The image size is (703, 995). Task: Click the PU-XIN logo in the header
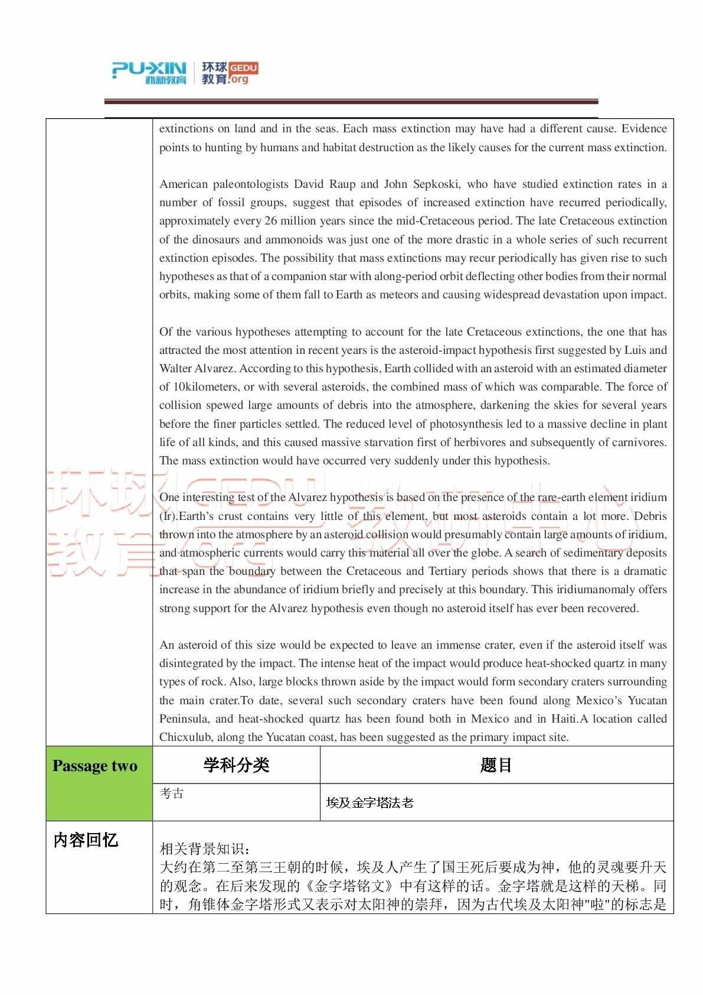click(149, 72)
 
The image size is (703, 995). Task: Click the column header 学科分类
click(236, 765)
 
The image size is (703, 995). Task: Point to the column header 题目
click(496, 765)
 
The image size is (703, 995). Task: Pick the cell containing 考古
click(172, 794)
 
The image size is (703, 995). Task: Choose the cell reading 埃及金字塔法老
click(370, 802)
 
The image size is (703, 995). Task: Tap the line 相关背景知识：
click(205, 850)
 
